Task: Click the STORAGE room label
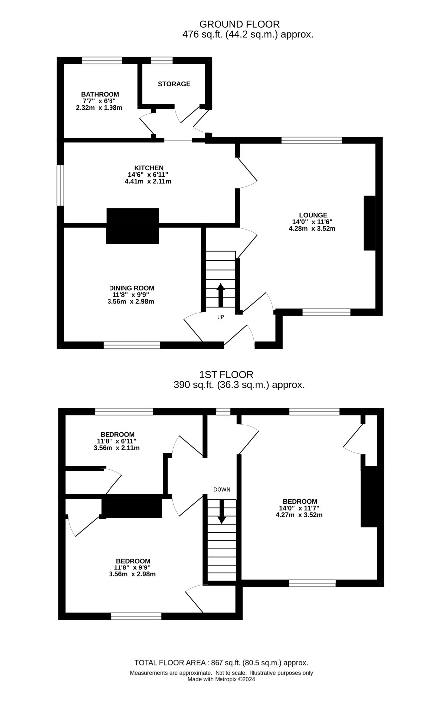tap(174, 84)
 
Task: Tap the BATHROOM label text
tap(100, 94)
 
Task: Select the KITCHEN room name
tap(149, 168)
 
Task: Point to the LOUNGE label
tap(313, 215)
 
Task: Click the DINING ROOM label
tap(131, 288)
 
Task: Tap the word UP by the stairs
tap(220, 317)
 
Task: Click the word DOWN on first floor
tap(221, 490)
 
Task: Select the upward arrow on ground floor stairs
tap(220, 295)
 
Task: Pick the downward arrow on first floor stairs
tap(221, 511)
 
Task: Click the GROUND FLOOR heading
tap(239, 24)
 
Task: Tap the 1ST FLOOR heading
tap(226, 375)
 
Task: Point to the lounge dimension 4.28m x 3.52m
tap(312, 229)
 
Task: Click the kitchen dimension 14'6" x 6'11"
tap(148, 175)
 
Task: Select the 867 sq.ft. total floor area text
tap(221, 663)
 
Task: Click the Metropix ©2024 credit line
tap(221, 679)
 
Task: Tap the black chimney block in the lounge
tap(370, 223)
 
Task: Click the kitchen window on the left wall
tap(60, 185)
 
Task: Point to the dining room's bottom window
tap(132, 345)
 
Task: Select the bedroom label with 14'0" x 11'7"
tap(300, 502)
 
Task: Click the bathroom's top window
tap(102, 60)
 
